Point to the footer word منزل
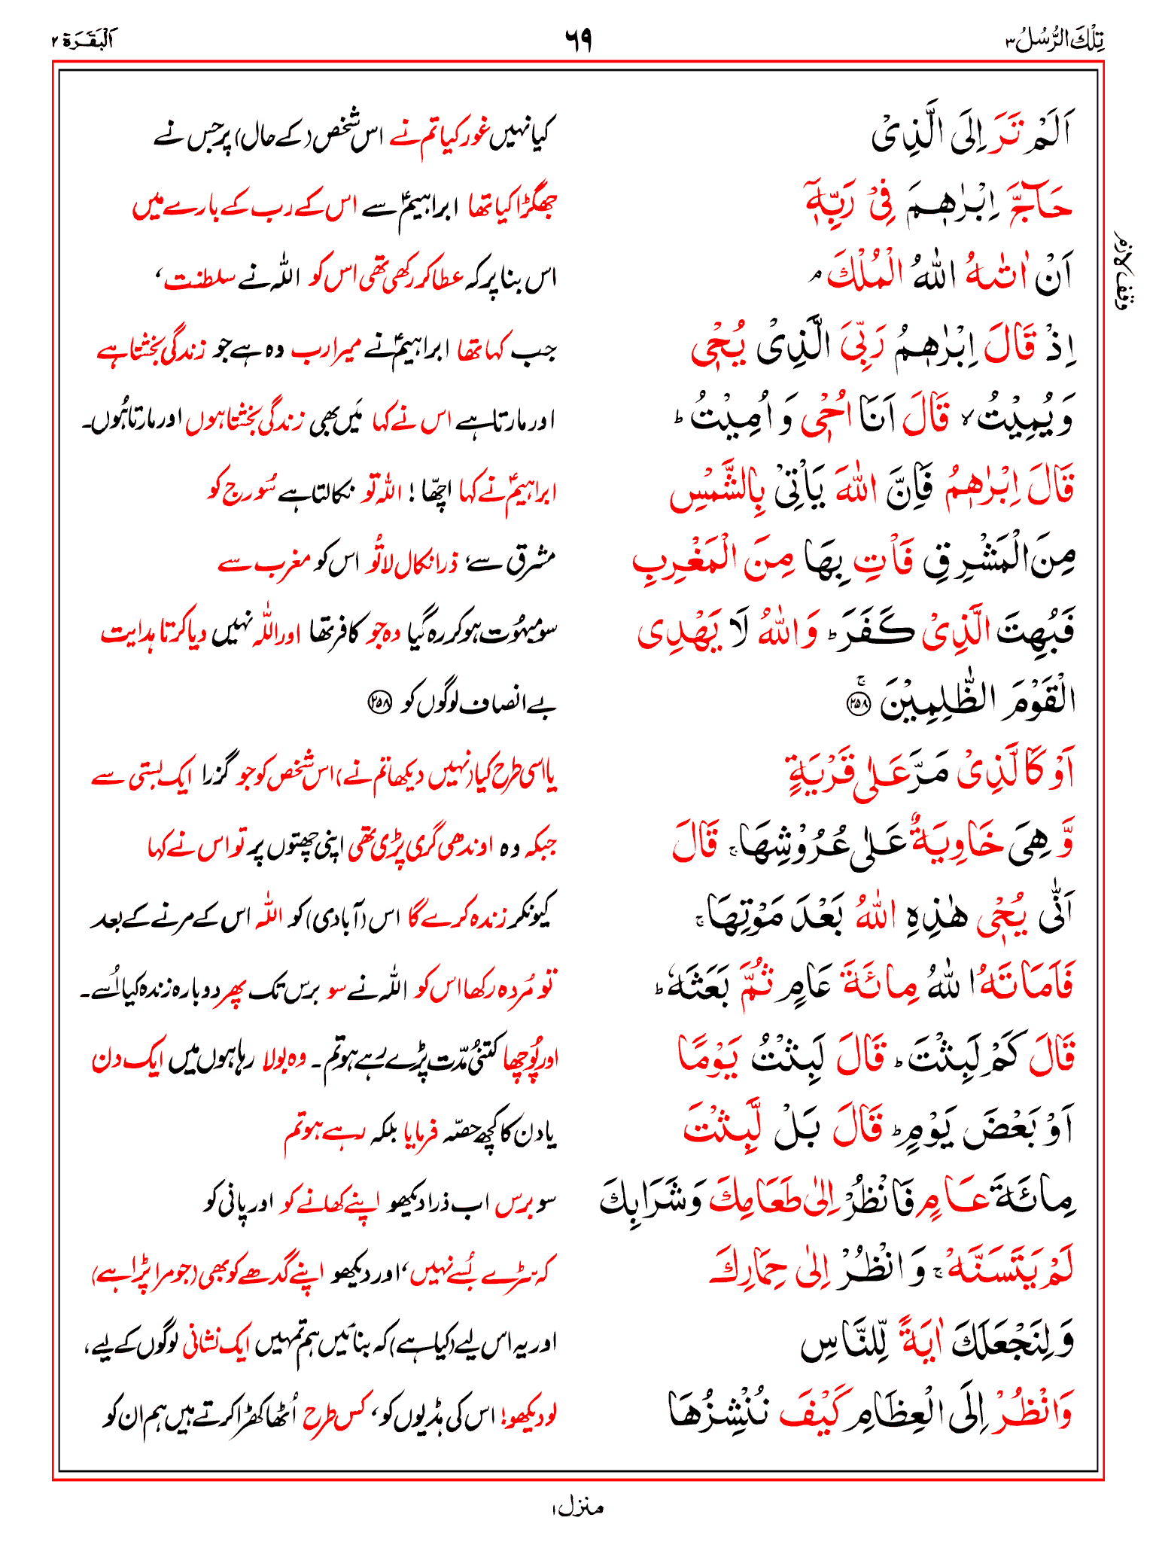[x=578, y=1507]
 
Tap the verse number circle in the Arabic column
[x=857, y=702]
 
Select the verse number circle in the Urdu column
[x=379, y=702]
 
